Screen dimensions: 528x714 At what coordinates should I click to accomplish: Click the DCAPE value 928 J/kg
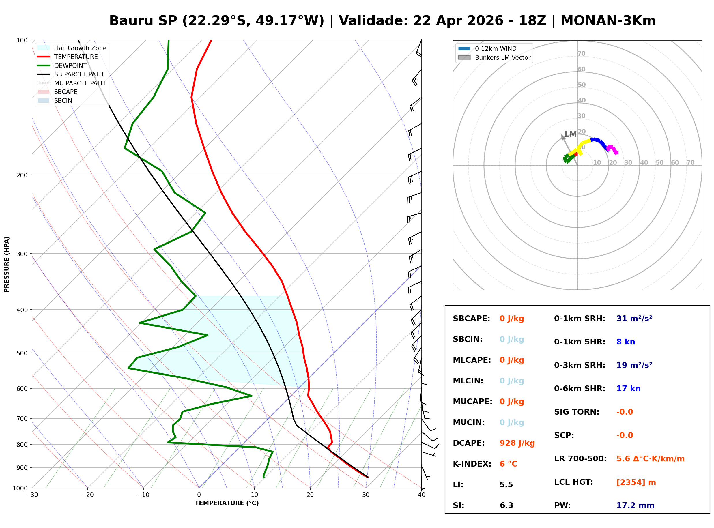point(517,443)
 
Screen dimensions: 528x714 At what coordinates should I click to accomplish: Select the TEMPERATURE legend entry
point(76,57)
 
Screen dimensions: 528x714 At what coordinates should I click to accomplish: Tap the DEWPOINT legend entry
point(70,65)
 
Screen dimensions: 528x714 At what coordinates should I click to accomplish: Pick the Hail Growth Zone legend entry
point(80,48)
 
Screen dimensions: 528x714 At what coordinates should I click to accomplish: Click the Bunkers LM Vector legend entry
point(502,57)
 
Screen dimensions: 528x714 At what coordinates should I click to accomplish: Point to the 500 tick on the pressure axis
point(22,353)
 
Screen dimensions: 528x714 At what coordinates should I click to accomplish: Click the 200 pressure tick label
point(22,175)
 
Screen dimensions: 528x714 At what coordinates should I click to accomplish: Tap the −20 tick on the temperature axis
point(87,495)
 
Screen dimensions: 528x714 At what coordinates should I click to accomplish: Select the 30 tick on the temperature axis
point(366,495)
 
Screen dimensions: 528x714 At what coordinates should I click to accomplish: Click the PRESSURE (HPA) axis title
point(7,264)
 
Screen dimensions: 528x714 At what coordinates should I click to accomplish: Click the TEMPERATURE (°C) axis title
point(227,503)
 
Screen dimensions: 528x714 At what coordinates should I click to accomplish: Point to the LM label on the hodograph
point(570,134)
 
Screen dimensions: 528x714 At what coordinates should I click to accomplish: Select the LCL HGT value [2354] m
point(636,482)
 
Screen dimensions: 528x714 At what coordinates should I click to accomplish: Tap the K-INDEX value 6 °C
point(508,464)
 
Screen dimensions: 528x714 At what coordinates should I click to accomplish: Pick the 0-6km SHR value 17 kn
point(628,389)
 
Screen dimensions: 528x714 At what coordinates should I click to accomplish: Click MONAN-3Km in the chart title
point(608,21)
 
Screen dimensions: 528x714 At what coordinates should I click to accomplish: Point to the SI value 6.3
point(506,505)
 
